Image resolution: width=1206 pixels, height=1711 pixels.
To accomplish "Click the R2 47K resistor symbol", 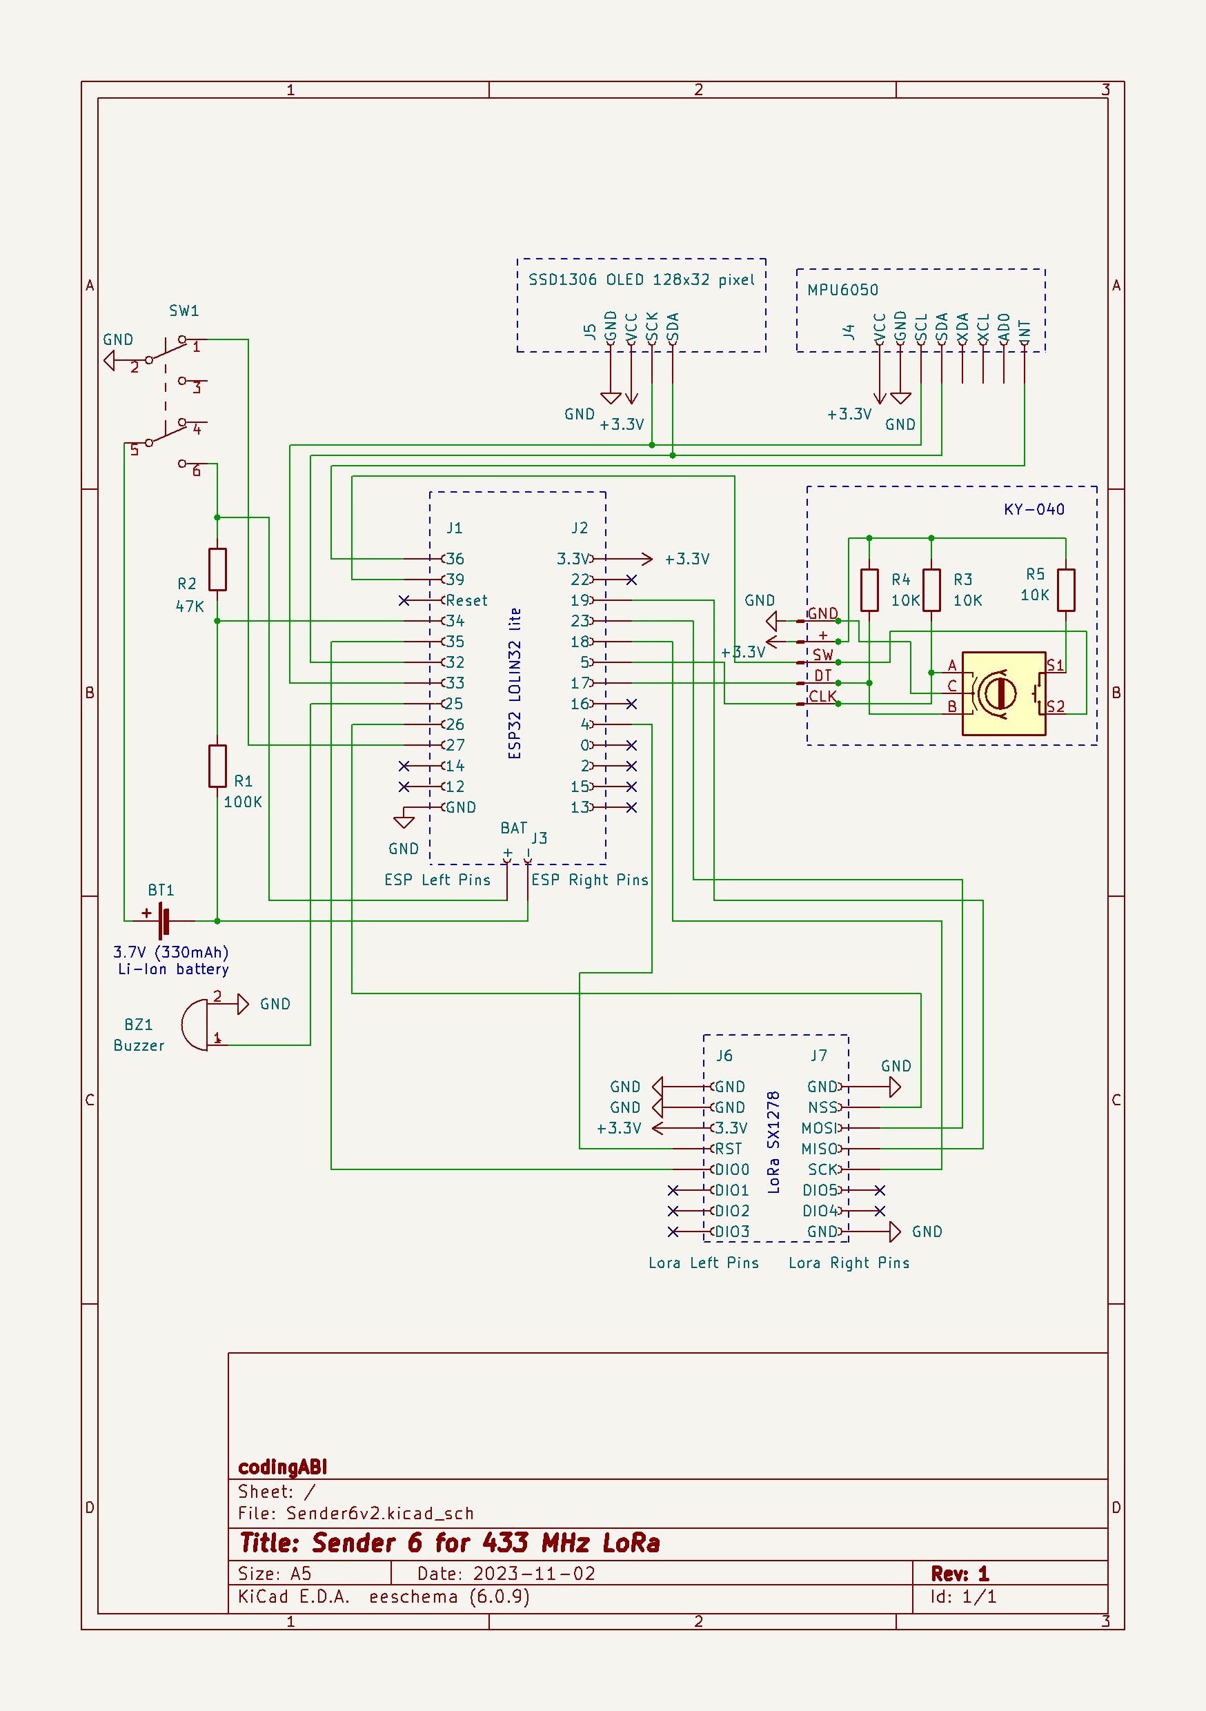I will click(217, 569).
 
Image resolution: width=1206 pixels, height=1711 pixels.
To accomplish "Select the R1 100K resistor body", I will click(217, 765).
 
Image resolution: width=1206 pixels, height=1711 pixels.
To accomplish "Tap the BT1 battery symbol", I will click(164, 921).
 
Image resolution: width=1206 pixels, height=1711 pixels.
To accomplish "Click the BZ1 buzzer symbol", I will click(196, 1025).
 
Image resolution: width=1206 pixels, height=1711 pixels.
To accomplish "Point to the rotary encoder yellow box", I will click(1003, 693).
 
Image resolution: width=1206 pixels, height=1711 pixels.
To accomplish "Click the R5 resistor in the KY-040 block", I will click(1066, 589).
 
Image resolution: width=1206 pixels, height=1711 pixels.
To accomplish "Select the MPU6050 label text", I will click(842, 290).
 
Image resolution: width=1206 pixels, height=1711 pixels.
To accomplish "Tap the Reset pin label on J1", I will click(466, 601).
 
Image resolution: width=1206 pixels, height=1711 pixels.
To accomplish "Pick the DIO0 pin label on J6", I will click(732, 1169).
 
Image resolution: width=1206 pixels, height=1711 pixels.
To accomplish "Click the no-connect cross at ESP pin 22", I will click(631, 580).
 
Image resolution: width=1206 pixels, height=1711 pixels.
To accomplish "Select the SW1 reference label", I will click(184, 310).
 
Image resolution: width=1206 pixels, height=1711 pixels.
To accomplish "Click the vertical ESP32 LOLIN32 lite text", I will click(514, 683).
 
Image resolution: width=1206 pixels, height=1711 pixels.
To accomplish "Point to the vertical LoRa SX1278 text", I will click(773, 1142).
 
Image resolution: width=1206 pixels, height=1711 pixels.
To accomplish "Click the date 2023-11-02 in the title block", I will click(534, 1573).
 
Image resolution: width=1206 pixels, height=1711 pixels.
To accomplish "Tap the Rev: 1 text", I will click(959, 1573).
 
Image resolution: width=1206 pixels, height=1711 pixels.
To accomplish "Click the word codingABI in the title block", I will click(282, 1467).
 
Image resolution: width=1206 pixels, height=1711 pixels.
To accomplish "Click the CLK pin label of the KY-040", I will click(822, 696).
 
